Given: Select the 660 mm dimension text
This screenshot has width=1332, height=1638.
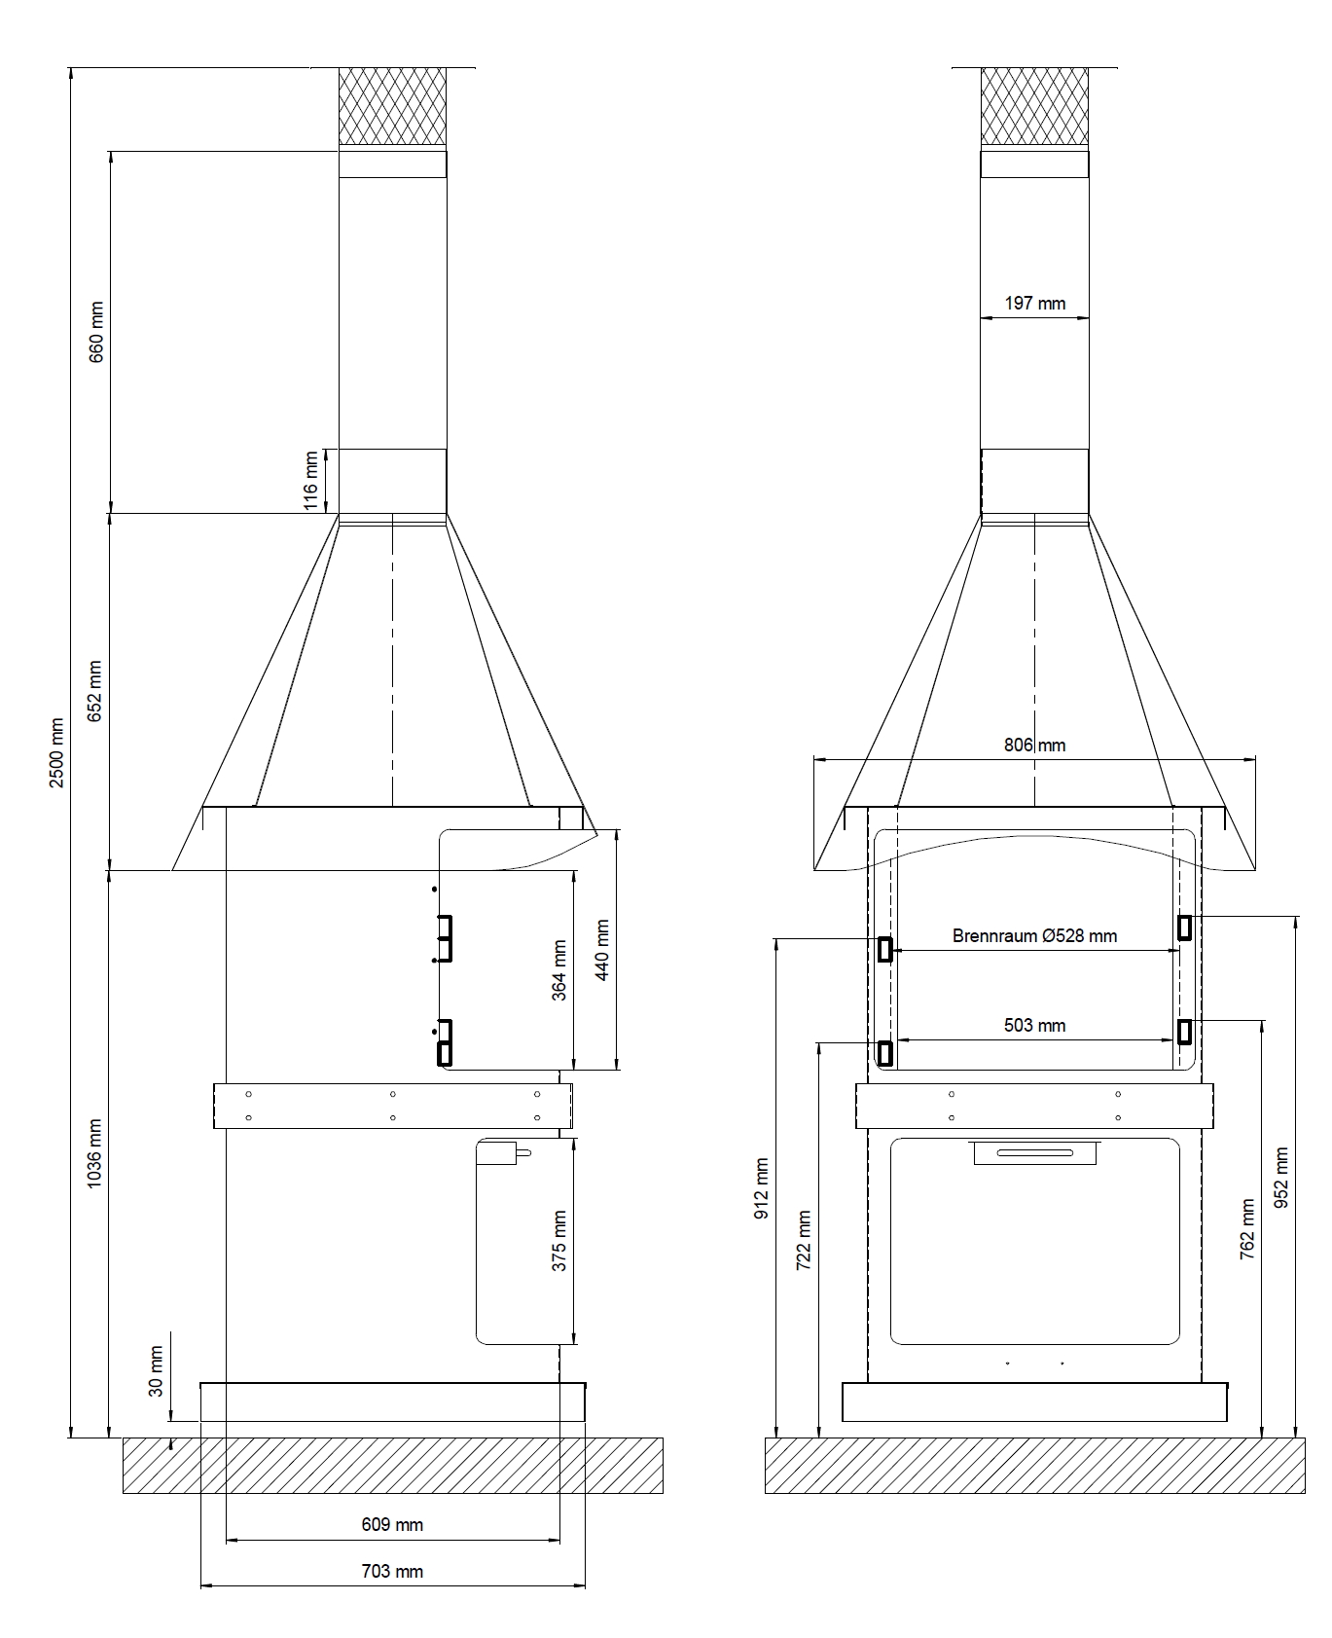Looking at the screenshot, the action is pyautogui.click(x=96, y=332).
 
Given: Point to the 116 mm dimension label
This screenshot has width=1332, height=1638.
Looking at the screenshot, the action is pyautogui.click(x=311, y=481).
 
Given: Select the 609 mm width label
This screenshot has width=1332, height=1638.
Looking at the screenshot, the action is pyautogui.click(x=392, y=1524).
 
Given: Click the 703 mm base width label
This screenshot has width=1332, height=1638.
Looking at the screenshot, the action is pyautogui.click(x=392, y=1571).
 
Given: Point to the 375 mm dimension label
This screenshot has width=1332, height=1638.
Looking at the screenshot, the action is pyautogui.click(x=558, y=1241).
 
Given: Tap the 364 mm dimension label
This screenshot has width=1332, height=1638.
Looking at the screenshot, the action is pyautogui.click(x=558, y=969).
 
